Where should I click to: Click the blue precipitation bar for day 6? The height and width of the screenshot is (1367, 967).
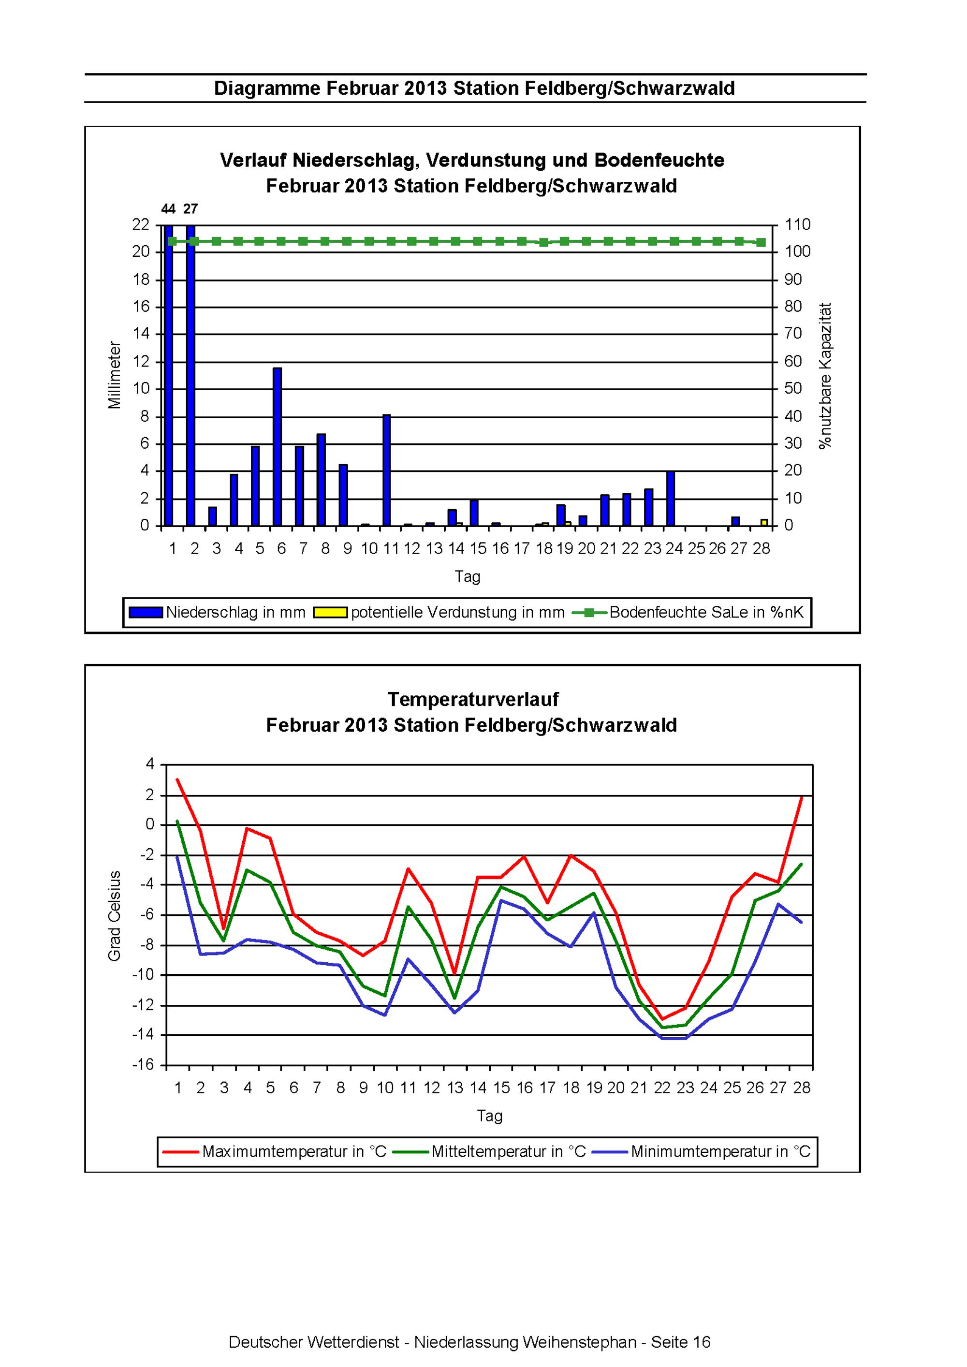coord(277,446)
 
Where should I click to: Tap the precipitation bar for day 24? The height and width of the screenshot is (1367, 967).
coord(671,499)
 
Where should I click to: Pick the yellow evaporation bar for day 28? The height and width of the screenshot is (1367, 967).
coord(764,522)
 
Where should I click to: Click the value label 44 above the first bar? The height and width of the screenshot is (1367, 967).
coord(169,209)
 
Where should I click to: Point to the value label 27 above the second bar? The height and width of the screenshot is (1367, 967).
coord(190,209)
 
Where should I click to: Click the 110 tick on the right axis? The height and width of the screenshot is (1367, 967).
coord(798,224)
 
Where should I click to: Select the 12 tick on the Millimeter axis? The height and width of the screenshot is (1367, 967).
coord(141,361)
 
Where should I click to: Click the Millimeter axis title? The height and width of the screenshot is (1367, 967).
coord(114,375)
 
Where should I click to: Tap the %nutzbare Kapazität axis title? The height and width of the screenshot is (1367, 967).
coord(825,376)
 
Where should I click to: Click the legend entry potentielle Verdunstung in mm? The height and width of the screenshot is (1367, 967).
coord(440,612)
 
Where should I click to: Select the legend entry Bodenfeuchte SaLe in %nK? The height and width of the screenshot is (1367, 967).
coord(689,612)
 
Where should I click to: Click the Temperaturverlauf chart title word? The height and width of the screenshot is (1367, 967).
coord(473,699)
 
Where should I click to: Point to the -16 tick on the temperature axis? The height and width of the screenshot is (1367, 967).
coord(143,1065)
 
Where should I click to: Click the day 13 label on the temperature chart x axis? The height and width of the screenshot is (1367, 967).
coord(455,1088)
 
